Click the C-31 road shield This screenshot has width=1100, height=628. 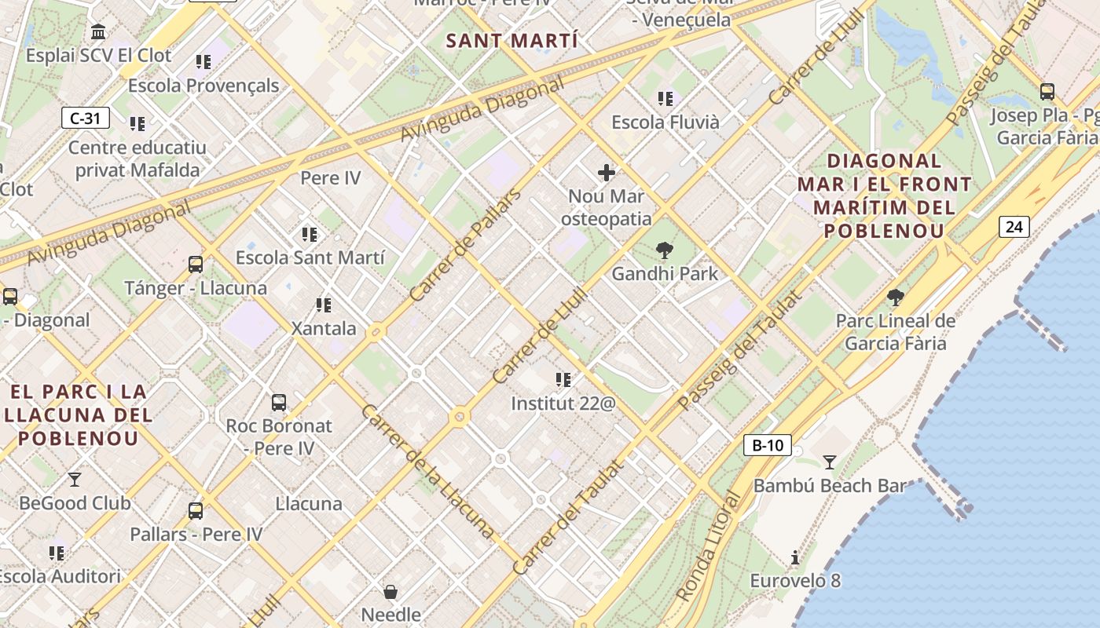[x=85, y=119]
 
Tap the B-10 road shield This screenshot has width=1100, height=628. [x=767, y=445]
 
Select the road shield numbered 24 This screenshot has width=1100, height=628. [x=1014, y=227]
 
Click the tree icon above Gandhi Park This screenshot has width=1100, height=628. [x=665, y=251]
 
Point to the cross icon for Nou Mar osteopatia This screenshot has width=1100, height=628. [x=607, y=173]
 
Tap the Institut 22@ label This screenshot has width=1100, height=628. [x=563, y=403]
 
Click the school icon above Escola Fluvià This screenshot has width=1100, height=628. [x=665, y=99]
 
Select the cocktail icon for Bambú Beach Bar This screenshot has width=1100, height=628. [x=829, y=462]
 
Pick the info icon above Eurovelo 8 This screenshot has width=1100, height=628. [x=795, y=558]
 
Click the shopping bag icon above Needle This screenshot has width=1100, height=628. [x=390, y=591]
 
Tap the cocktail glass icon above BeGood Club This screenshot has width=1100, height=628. [x=75, y=479]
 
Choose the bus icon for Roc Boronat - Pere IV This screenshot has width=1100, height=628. [x=278, y=403]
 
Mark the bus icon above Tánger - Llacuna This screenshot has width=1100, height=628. [x=196, y=265]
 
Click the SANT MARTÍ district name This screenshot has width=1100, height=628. [x=512, y=41]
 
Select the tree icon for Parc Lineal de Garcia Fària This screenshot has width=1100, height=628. [x=895, y=297]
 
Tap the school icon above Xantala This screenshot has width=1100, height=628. [x=323, y=305]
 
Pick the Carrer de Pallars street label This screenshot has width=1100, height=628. [x=465, y=245]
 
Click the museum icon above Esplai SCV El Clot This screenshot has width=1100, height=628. [x=99, y=32]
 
